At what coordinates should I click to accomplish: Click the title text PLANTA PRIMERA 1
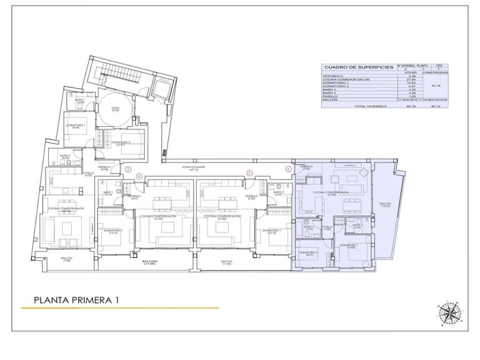click(77, 301)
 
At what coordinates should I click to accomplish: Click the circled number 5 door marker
click(249, 174)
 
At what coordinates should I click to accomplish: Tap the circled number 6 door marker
click(288, 169)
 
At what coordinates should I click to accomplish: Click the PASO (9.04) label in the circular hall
click(115, 109)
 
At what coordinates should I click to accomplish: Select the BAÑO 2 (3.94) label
click(308, 228)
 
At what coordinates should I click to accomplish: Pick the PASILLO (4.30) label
click(88, 174)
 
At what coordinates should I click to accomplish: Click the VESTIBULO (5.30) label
click(251, 197)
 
